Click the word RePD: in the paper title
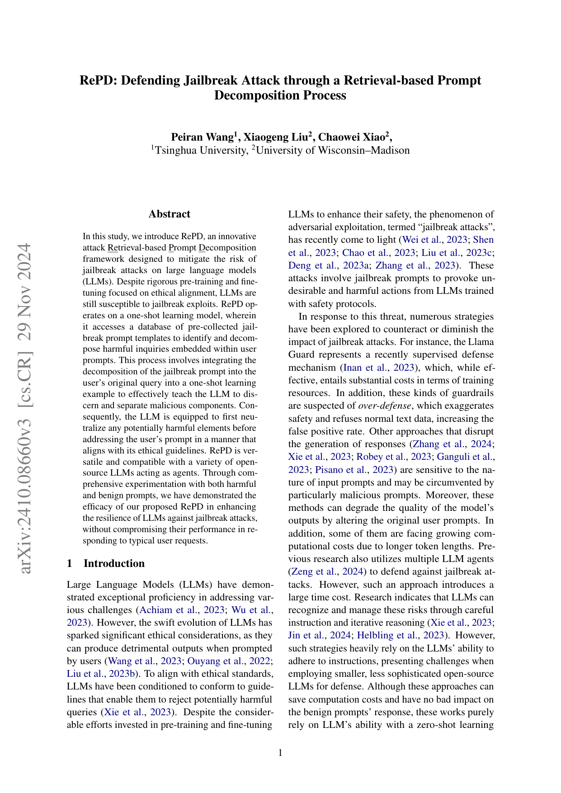tap(98, 80)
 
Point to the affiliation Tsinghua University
tap(199, 151)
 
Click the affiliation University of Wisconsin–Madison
tap(332, 151)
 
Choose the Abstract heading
tap(170, 214)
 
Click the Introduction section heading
tap(114, 563)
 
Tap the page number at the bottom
tap(280, 753)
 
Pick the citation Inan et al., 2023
tap(379, 368)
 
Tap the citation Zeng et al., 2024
tap(326, 571)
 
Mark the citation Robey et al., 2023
tap(397, 457)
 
